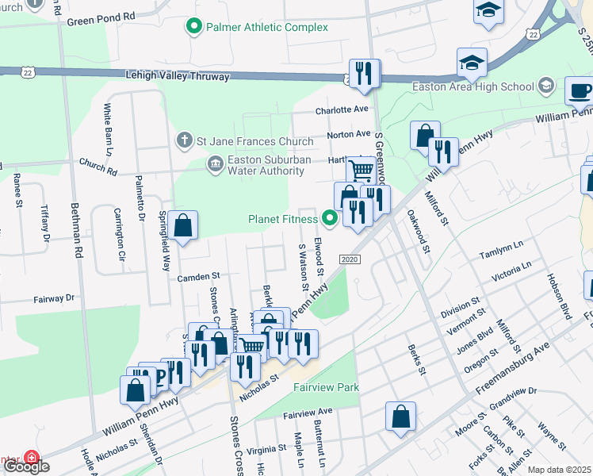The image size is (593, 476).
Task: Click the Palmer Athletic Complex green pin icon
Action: click(193, 28)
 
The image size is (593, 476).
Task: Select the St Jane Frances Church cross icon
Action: click(184, 141)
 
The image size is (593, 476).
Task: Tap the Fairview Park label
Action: click(327, 387)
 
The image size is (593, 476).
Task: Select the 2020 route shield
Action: click(350, 260)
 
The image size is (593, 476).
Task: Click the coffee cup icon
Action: click(579, 90)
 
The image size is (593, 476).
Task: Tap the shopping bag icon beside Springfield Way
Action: click(182, 226)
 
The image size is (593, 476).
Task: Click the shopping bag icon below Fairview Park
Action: click(401, 416)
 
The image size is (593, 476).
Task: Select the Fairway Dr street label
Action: click(53, 299)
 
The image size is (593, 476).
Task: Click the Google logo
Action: click(25, 466)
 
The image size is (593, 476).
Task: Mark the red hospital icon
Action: click(32, 459)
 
